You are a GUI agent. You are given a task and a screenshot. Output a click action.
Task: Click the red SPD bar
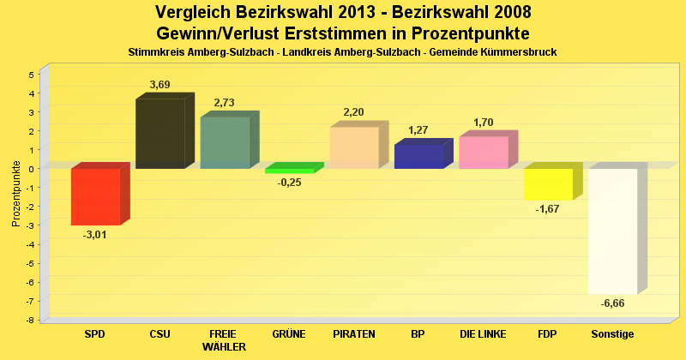pos(95,196)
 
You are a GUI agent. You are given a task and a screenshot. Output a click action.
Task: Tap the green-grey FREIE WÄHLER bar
pos(225,142)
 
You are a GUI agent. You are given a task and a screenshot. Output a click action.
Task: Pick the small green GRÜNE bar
pos(290,171)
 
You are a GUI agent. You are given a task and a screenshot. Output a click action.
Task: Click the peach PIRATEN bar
pos(354,147)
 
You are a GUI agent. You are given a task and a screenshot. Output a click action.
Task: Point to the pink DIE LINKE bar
pos(483,153)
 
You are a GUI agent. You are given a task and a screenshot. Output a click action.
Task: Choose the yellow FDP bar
pos(548,183)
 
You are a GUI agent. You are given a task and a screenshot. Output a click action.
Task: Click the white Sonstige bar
pos(612,231)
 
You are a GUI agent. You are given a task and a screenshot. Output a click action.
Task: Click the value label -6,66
pos(612,303)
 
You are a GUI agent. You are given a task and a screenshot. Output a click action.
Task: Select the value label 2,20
pos(354,112)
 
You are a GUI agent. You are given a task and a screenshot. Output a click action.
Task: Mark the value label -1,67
pos(548,209)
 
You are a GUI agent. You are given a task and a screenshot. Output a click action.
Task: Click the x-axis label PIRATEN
pos(354,333)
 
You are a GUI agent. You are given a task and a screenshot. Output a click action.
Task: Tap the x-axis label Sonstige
pos(612,333)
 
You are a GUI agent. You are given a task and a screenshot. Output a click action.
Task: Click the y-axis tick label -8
pos(30,320)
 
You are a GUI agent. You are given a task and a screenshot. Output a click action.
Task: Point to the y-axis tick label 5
pos(32,75)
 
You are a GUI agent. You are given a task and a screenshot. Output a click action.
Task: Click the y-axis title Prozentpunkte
pos(16,194)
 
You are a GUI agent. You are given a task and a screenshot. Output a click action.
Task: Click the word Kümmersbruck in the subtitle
pos(522,52)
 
